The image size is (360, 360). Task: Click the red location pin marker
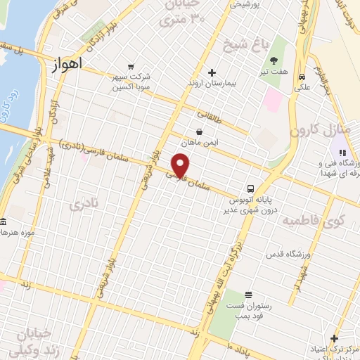181,167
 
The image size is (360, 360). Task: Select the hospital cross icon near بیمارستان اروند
212,72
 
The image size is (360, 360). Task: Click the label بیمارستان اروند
212,86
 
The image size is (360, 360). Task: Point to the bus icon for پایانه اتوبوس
250,188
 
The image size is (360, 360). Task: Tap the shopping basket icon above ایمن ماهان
200,131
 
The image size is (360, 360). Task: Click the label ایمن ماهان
200,143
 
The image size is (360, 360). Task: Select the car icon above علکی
302,77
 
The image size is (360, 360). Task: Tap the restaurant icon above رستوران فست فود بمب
247,295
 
